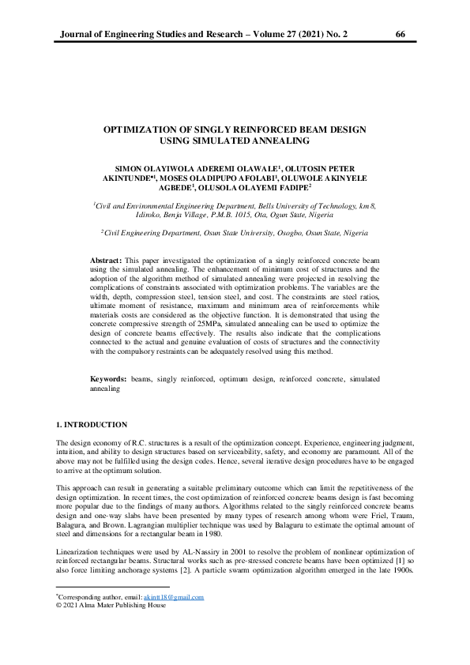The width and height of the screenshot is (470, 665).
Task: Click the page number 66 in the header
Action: coord(400,35)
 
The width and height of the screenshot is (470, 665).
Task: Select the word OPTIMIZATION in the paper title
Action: coord(143,129)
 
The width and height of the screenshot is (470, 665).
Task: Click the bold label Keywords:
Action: coord(109,380)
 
